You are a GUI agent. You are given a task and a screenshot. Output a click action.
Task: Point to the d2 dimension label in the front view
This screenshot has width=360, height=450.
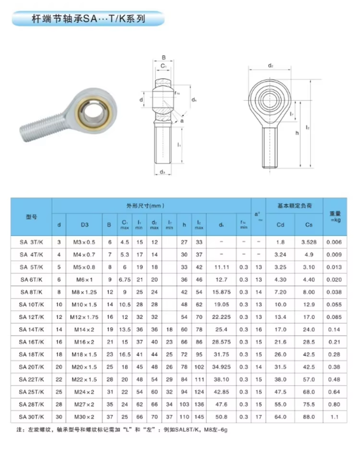tap(271, 66)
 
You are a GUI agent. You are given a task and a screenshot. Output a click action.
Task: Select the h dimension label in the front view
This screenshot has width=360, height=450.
tap(297, 133)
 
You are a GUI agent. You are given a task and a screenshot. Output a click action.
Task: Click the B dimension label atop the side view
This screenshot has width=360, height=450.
tap(163, 57)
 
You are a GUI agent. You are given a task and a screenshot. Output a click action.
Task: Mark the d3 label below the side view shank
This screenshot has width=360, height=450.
tap(162, 171)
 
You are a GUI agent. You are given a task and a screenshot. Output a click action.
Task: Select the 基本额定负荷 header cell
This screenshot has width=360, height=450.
tap(294, 205)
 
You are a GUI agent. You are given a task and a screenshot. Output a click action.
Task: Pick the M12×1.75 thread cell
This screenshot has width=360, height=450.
tap(84, 316)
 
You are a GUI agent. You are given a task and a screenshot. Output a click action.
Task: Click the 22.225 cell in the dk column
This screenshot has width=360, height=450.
tap(221, 316)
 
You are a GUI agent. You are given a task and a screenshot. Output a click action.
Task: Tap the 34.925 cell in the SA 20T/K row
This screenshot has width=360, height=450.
tap(221, 366)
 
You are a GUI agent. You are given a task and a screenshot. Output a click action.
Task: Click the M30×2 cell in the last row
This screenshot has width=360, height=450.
tap(84, 416)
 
